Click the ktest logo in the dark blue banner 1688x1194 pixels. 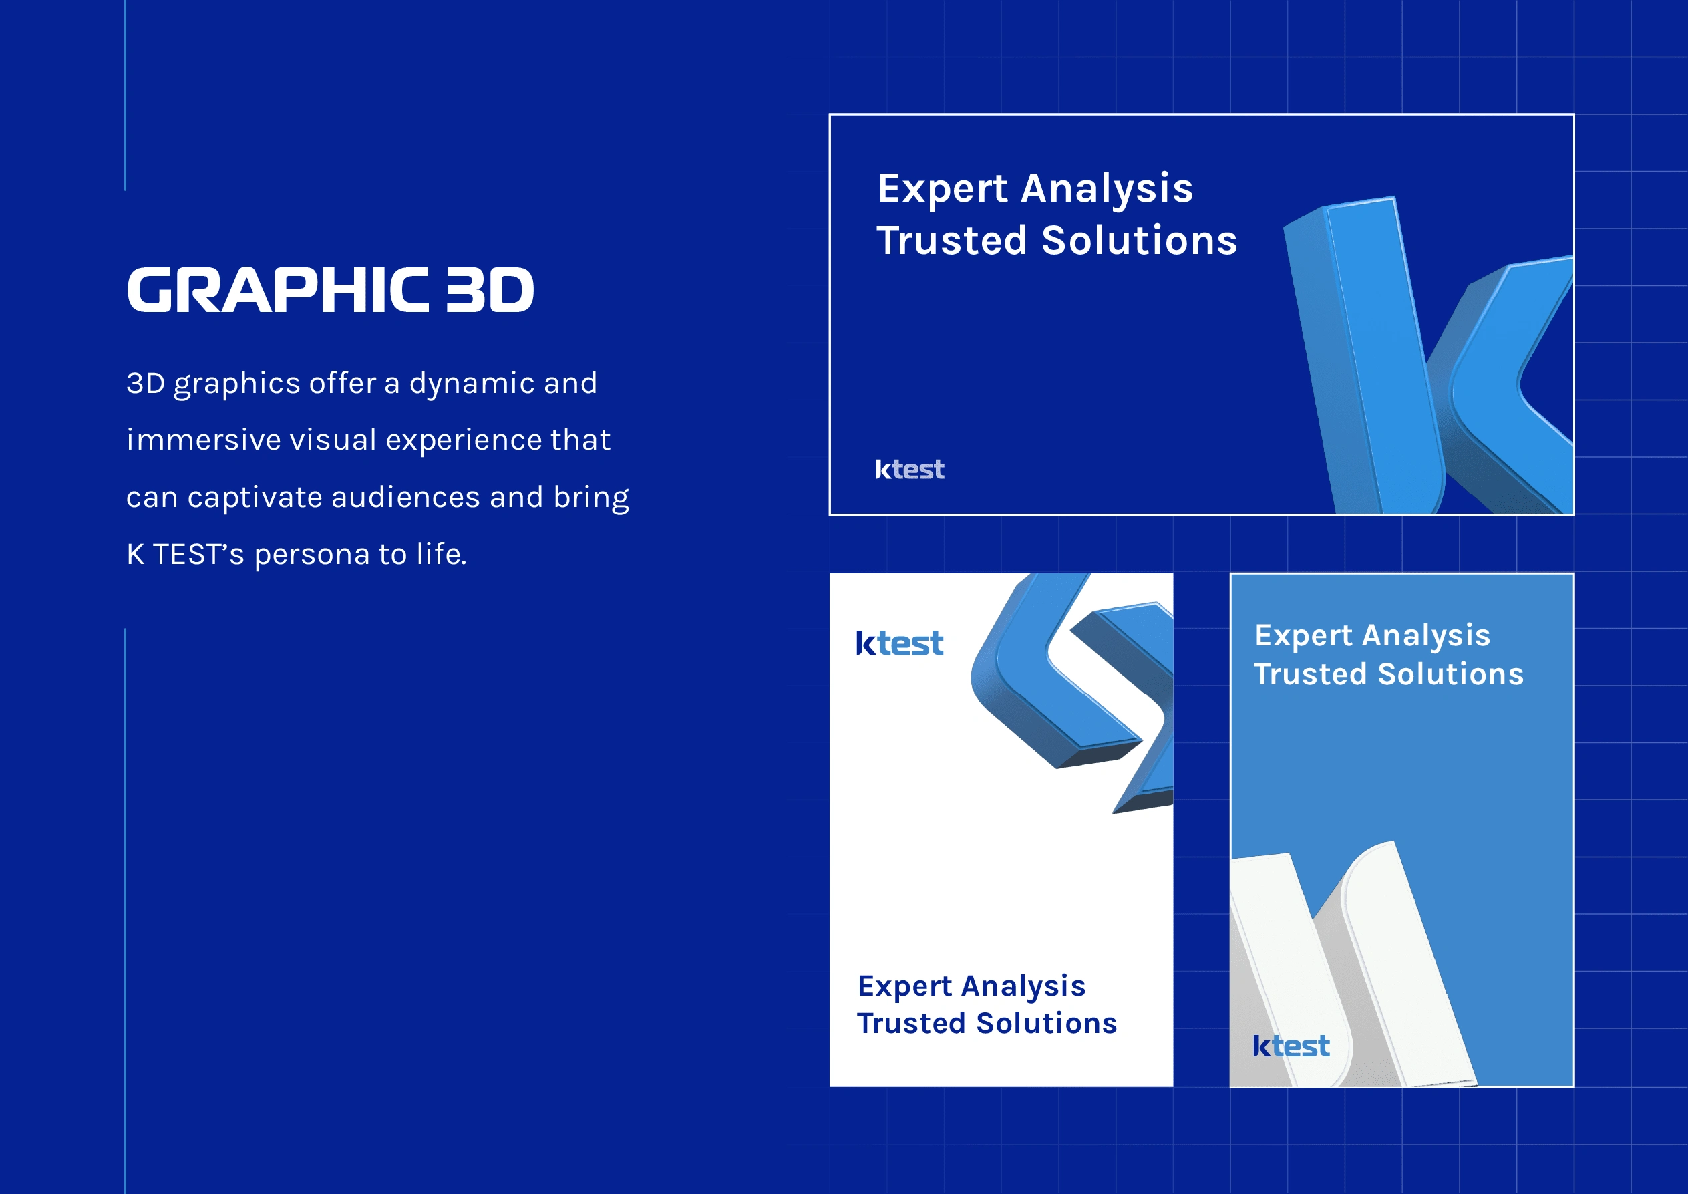point(909,469)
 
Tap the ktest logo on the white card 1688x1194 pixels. point(899,643)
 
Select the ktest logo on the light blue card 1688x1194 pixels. point(1291,1046)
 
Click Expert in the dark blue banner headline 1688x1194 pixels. point(943,190)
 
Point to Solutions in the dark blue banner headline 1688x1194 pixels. point(1140,241)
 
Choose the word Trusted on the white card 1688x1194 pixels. point(910,1024)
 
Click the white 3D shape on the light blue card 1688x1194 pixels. point(1353,970)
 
